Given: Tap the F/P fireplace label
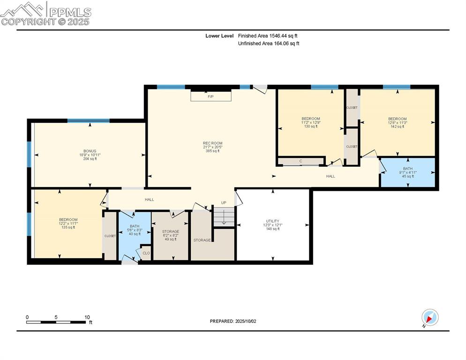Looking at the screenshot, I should tap(210, 97).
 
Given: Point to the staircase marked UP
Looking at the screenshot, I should tap(224, 216).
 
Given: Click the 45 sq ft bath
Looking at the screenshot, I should tap(407, 172).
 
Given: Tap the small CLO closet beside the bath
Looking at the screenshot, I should tap(146, 253).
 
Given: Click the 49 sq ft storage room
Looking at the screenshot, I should tap(170, 235).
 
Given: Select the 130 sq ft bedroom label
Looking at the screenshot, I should tap(310, 122).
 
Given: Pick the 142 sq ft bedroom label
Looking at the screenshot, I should tap(397, 122).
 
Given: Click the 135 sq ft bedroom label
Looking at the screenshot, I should tap(68, 223).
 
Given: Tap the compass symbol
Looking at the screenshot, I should tap(429, 318).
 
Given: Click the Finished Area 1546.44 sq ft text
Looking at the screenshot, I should tap(268, 36).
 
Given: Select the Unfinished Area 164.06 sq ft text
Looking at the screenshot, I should tap(268, 44).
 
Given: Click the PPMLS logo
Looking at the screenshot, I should tap(45, 13).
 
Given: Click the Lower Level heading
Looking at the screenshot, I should tap(219, 36).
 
